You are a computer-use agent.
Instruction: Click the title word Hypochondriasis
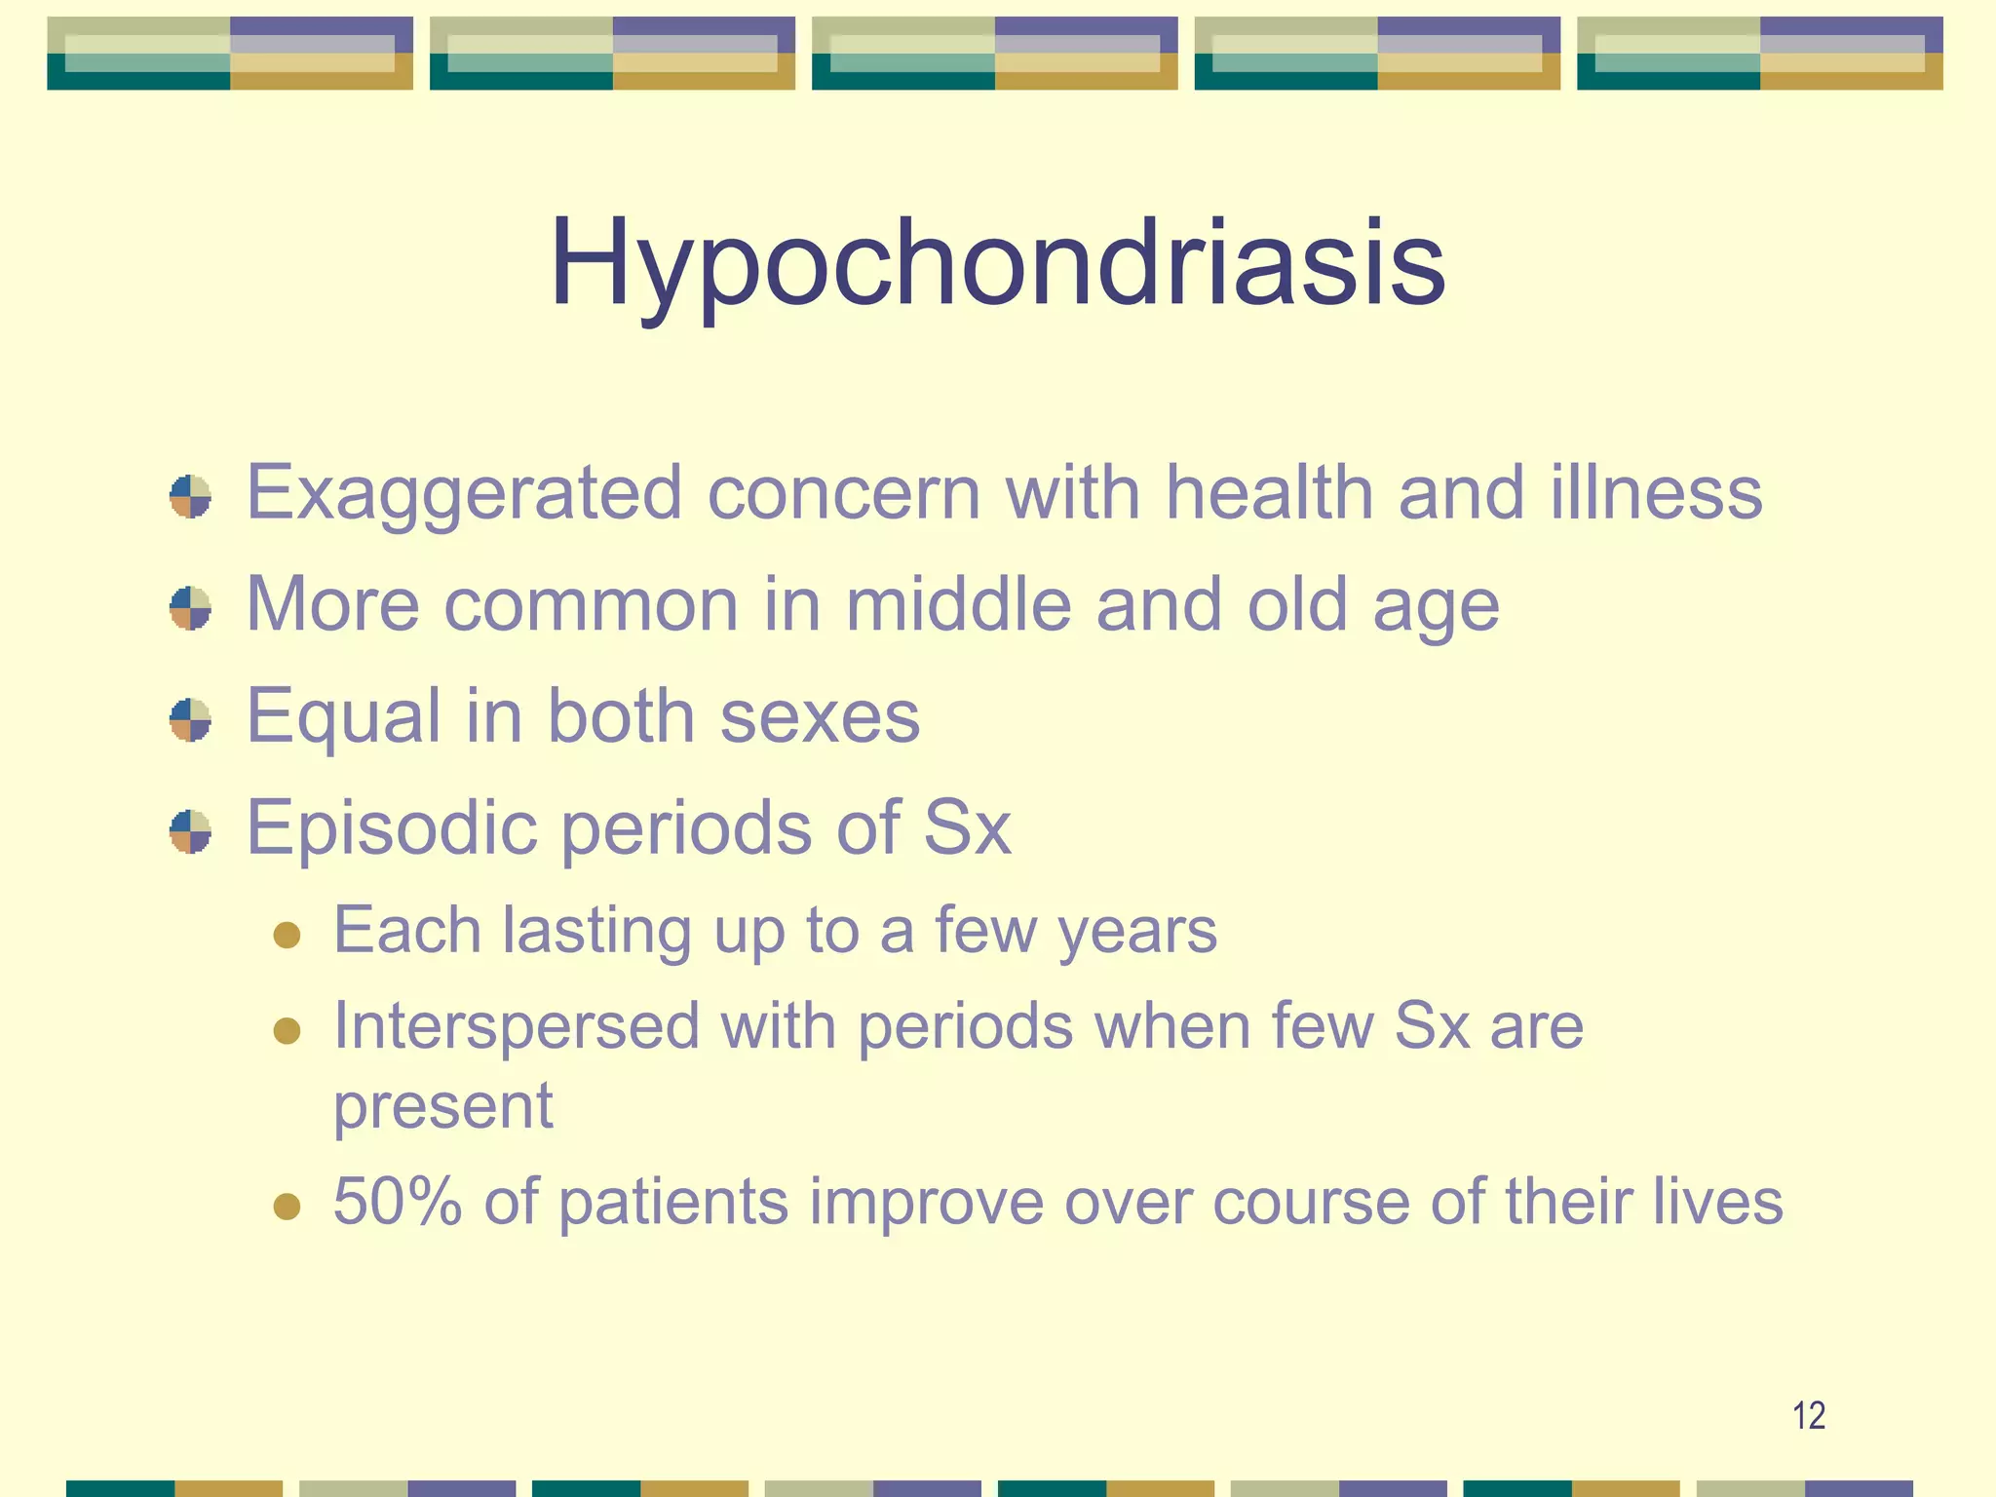coord(997,263)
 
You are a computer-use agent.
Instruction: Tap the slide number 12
coord(1809,1415)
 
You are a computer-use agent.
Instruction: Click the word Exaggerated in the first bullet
coord(464,493)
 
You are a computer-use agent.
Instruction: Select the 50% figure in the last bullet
coord(397,1201)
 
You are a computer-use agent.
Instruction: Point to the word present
coord(443,1106)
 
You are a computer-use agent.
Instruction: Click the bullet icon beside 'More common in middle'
coord(190,608)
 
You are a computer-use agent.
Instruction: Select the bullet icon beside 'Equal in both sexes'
coord(190,720)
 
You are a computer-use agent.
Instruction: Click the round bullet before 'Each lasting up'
coord(287,936)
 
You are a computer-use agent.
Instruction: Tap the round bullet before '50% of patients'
coord(287,1207)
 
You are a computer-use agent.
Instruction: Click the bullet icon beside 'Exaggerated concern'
coord(190,496)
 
